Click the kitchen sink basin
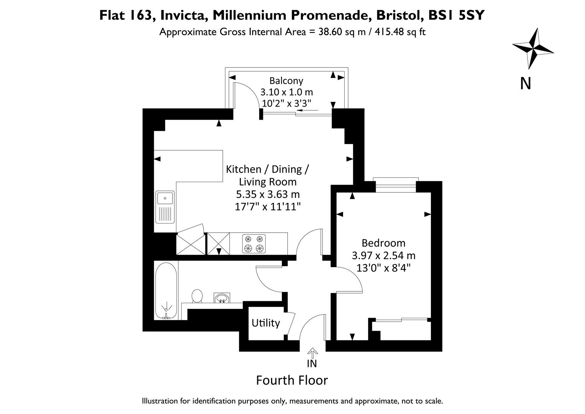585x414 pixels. [x=165, y=199]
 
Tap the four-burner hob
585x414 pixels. [x=254, y=244]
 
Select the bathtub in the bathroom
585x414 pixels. [x=166, y=291]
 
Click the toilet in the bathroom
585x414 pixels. [x=197, y=296]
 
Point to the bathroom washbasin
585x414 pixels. [x=222, y=298]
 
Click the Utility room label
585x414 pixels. [x=266, y=323]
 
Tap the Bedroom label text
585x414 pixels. [x=383, y=243]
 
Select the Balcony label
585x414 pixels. [x=286, y=80]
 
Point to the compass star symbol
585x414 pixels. [x=532, y=48]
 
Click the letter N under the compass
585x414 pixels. [x=525, y=83]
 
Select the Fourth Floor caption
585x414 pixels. [x=292, y=380]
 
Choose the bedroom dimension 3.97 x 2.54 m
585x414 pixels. [x=383, y=255]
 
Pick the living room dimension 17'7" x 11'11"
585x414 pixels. [x=267, y=207]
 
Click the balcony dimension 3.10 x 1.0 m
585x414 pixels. [x=286, y=92]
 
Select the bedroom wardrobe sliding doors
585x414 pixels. [x=401, y=319]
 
